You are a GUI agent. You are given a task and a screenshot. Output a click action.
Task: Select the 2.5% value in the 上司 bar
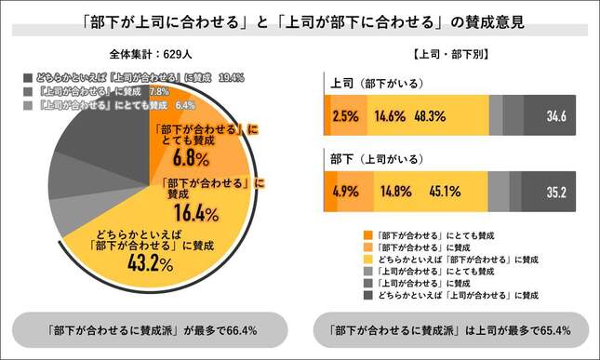(x=346, y=117)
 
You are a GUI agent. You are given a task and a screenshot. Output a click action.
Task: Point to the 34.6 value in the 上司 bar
(x=558, y=117)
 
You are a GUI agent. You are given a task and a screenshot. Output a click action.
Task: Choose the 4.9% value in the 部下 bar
(x=346, y=193)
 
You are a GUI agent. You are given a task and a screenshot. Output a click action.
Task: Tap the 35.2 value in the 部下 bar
(x=558, y=193)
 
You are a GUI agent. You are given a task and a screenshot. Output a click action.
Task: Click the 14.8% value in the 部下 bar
(x=391, y=193)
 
